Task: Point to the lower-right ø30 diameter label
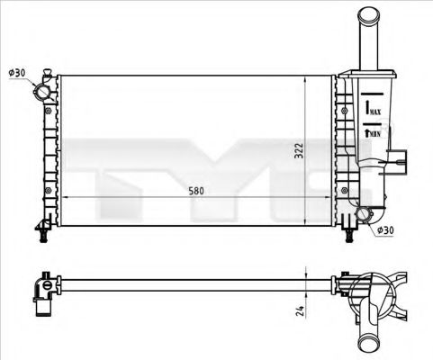pos(384,230)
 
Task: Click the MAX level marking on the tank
pos(372,109)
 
